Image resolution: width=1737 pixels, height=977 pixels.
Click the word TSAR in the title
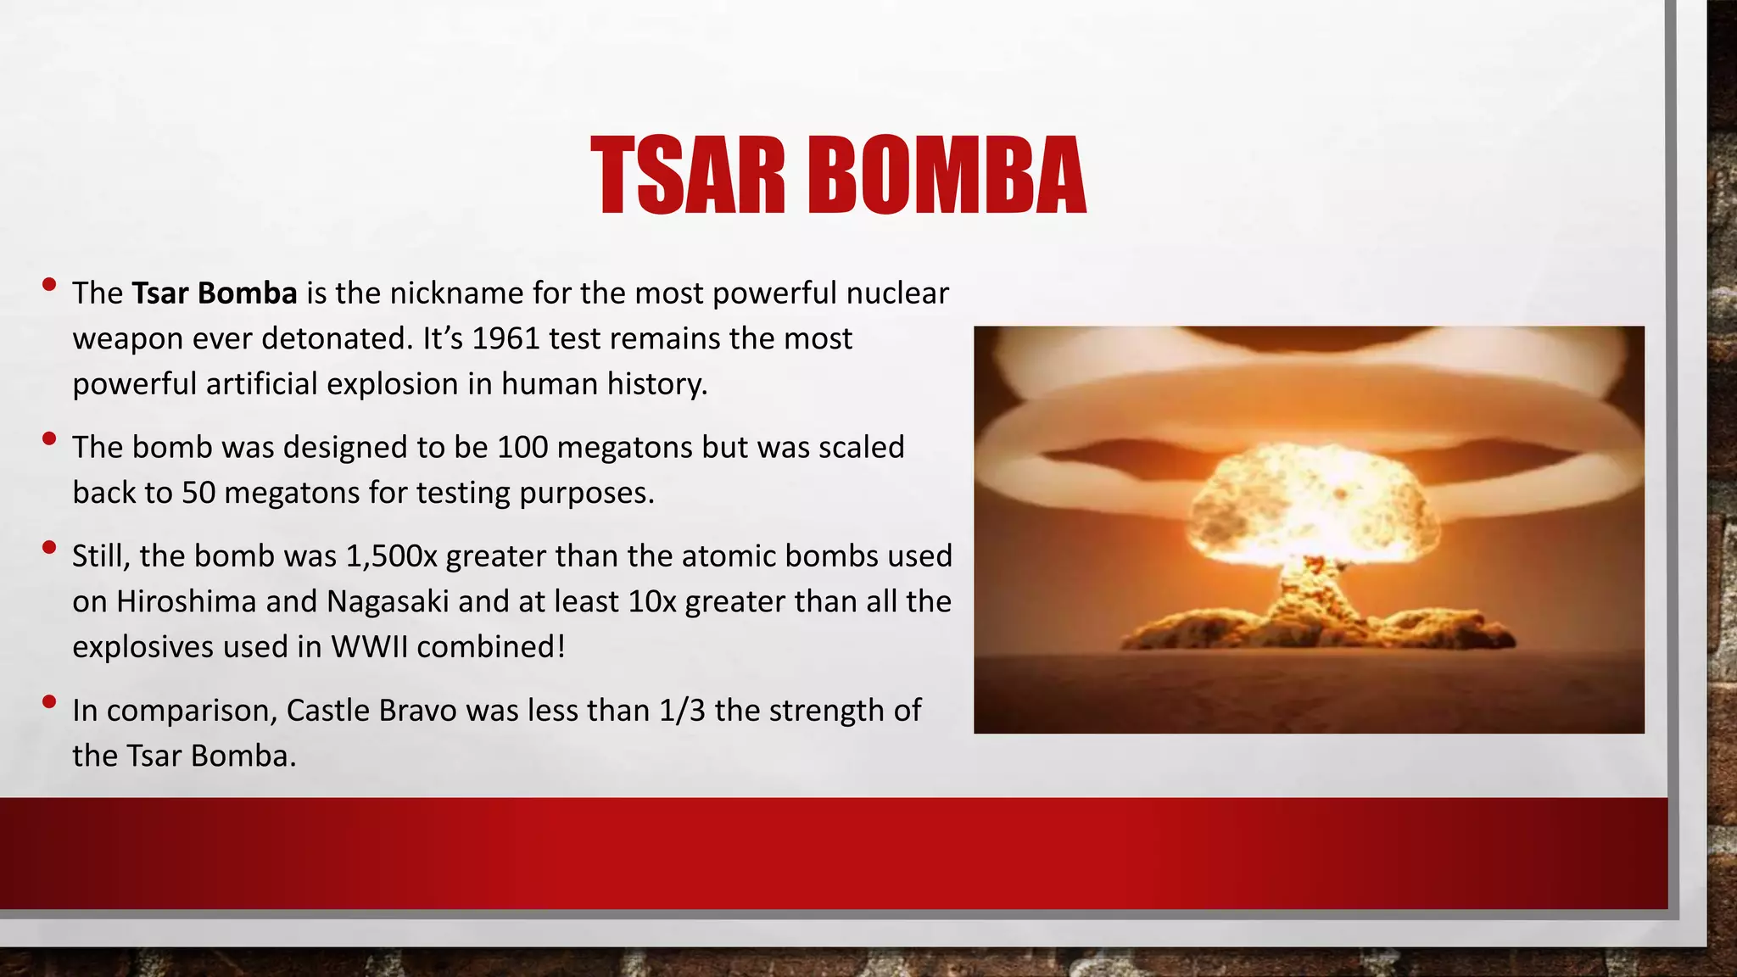coord(688,176)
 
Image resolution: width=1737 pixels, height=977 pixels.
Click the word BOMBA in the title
coord(946,176)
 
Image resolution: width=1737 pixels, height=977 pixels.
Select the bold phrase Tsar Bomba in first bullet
coord(215,293)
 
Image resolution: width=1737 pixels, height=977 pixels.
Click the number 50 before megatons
coord(198,493)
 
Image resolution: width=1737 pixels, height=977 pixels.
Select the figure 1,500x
coord(391,556)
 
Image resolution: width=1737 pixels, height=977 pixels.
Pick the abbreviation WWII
coord(369,647)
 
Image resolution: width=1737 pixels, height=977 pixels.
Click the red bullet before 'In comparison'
coord(49,701)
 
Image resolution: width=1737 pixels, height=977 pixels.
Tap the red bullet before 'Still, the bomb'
coord(49,547)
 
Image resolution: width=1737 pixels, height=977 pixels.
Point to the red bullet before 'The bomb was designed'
coord(49,438)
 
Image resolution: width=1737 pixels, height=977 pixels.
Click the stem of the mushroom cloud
coord(1310,594)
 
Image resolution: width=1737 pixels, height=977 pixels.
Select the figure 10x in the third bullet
coord(652,601)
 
